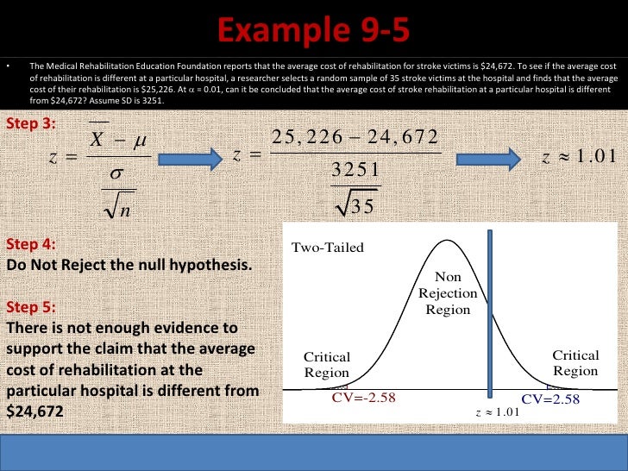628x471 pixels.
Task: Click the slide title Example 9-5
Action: coord(313,34)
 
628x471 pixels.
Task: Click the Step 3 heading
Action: coord(31,123)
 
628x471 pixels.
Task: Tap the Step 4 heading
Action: coord(31,243)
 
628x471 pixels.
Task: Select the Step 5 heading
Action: coord(31,307)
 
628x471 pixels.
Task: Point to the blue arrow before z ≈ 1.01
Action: coord(487,158)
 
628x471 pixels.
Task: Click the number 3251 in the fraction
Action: coord(355,171)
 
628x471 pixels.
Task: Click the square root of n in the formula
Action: coord(115,206)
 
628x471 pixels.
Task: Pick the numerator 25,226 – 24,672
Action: coord(355,138)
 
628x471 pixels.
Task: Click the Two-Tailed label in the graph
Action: coord(328,248)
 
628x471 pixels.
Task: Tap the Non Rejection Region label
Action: coord(448,293)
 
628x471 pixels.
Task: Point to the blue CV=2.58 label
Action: coord(550,399)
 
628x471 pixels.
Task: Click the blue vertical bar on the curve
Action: coord(490,311)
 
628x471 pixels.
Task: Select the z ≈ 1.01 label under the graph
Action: coord(499,412)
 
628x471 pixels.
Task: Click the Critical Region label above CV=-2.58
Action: coord(327,365)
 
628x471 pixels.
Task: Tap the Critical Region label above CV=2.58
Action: coord(575,363)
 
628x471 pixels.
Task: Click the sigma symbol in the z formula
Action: coord(118,173)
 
